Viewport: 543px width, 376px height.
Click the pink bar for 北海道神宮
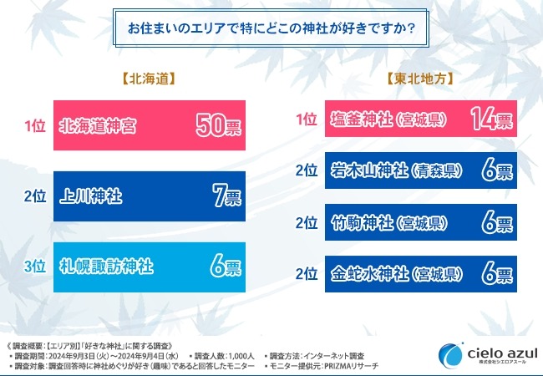pos(150,125)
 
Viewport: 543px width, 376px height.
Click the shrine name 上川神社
pos(91,197)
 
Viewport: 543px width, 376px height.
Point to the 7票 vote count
pos(224,197)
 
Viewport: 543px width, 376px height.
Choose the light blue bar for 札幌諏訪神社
pos(150,267)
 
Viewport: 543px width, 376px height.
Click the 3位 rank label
pos(34,267)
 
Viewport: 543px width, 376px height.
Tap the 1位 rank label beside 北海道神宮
pos(34,125)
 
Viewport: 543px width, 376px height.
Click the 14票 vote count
pos(490,119)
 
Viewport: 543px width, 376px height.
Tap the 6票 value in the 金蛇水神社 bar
pos(496,273)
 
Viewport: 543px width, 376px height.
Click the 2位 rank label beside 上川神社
pos(34,197)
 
